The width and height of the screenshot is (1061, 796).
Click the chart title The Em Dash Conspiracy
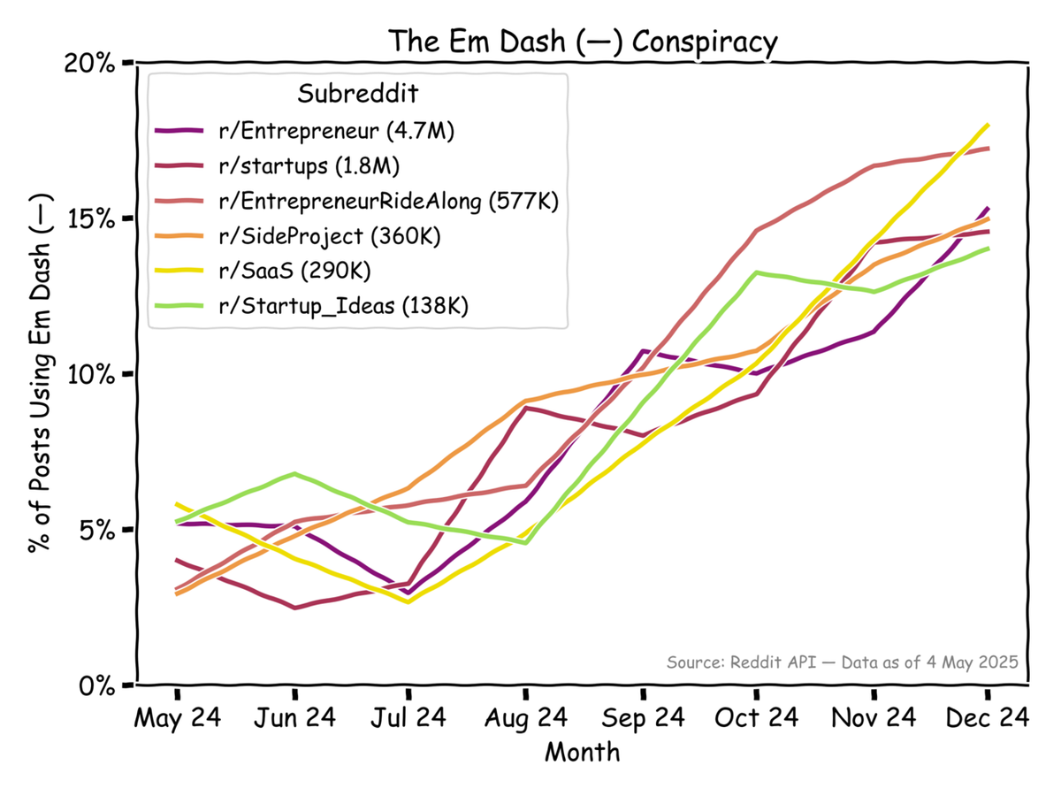coord(584,42)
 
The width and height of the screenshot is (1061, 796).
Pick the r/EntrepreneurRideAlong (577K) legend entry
coord(388,202)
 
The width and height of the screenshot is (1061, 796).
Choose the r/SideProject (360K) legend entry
coord(329,236)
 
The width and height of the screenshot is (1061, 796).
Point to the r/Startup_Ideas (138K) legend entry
coord(343,306)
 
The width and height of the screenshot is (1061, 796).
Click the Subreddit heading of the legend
coord(357,93)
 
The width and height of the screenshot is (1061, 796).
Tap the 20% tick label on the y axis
coord(92,64)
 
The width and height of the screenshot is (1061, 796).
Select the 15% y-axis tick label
coord(92,218)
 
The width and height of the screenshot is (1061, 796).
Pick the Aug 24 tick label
coord(525,717)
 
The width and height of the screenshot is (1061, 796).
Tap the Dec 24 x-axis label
coord(988,717)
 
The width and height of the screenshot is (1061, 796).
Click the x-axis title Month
coord(582,753)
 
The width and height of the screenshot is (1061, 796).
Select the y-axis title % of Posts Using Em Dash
coord(41,373)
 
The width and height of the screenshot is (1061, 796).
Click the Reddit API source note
coord(843,662)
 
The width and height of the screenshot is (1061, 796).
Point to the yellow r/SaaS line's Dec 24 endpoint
coord(988,126)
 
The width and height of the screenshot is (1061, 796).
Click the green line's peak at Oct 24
coord(756,272)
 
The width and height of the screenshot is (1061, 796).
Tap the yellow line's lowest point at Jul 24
coord(408,601)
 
